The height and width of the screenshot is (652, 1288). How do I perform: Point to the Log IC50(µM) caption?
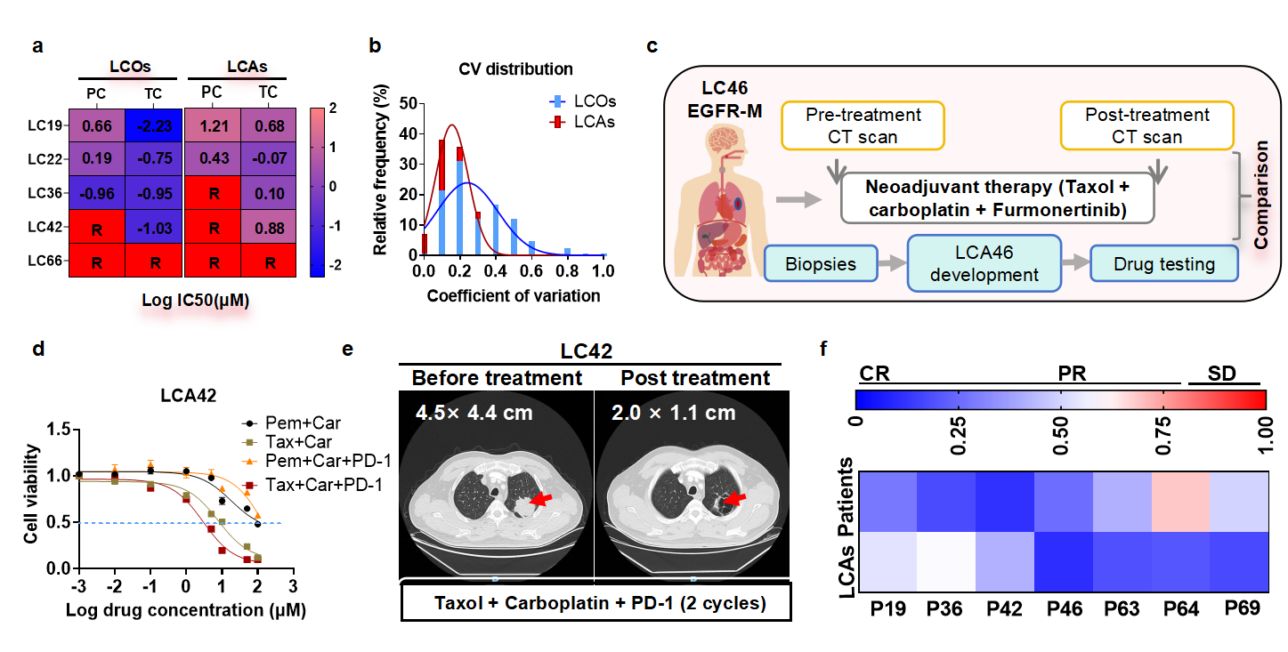click(x=195, y=301)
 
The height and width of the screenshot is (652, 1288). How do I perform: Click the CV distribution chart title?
click(x=514, y=68)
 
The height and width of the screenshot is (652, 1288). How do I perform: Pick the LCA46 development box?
click(x=984, y=263)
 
